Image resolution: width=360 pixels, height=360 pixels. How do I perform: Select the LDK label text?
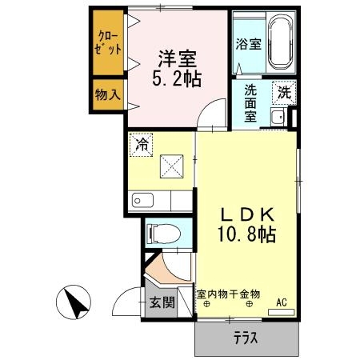point(247,214)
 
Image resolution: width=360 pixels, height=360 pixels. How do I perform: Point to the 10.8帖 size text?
point(249,234)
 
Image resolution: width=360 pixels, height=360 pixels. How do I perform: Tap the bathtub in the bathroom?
point(281,43)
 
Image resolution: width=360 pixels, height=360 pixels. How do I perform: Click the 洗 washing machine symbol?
point(283,92)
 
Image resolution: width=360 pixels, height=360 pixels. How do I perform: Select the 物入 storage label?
point(108,94)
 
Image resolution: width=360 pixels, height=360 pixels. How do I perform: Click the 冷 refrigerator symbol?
point(142,146)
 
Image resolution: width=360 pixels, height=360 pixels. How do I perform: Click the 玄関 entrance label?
point(162,303)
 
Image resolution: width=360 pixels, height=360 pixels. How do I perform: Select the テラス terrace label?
point(246,338)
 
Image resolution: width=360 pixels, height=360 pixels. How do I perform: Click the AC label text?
point(282,302)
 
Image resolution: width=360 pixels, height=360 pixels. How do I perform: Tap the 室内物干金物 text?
point(229,294)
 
